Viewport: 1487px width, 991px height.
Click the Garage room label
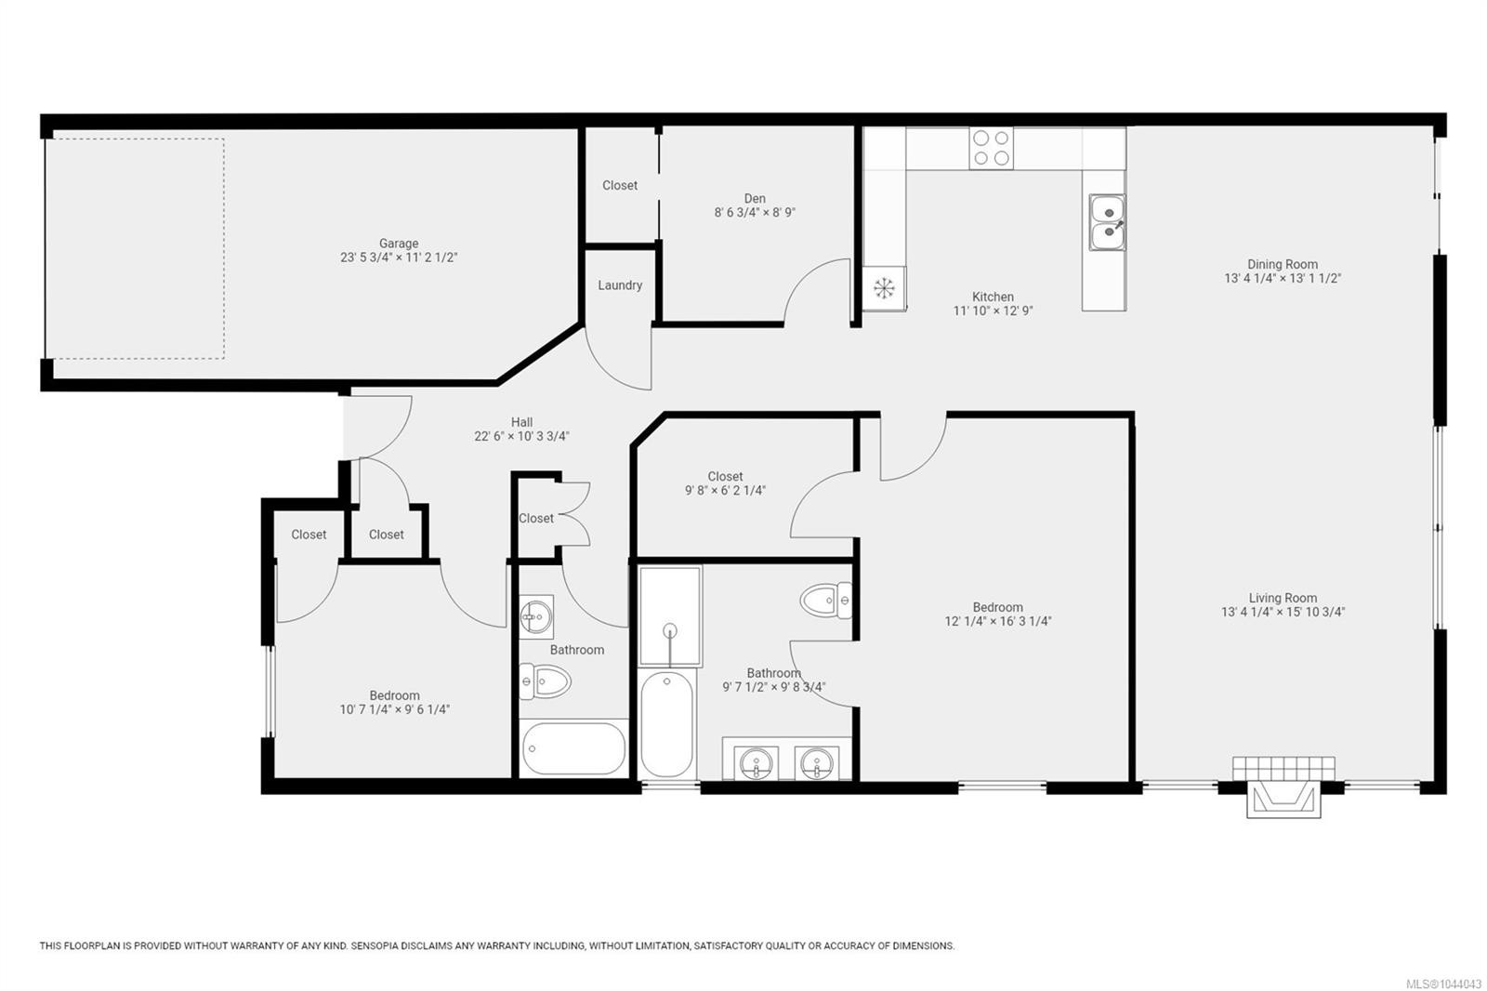(x=399, y=244)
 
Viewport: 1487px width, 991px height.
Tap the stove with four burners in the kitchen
(x=991, y=148)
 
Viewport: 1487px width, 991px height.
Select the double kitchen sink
(x=1107, y=222)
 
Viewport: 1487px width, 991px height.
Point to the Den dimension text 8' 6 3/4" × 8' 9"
(x=755, y=213)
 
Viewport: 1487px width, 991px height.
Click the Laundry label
(x=620, y=285)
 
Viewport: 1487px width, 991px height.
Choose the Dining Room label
(x=1283, y=264)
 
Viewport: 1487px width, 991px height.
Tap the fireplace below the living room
(x=1283, y=787)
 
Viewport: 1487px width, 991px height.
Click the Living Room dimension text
(x=1283, y=613)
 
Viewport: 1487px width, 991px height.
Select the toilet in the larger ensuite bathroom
(x=826, y=601)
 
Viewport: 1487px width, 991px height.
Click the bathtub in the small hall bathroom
(x=573, y=748)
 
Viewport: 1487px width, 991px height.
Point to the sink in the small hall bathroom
(x=535, y=617)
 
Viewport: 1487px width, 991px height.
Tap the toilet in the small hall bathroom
(x=545, y=681)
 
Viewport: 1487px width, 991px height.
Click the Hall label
(x=521, y=422)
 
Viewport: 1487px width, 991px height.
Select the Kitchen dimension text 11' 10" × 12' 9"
(x=994, y=311)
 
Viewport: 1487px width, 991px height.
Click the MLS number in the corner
(x=1443, y=984)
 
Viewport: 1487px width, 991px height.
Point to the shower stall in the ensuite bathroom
(x=670, y=615)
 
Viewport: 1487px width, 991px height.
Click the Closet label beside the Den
(x=620, y=186)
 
